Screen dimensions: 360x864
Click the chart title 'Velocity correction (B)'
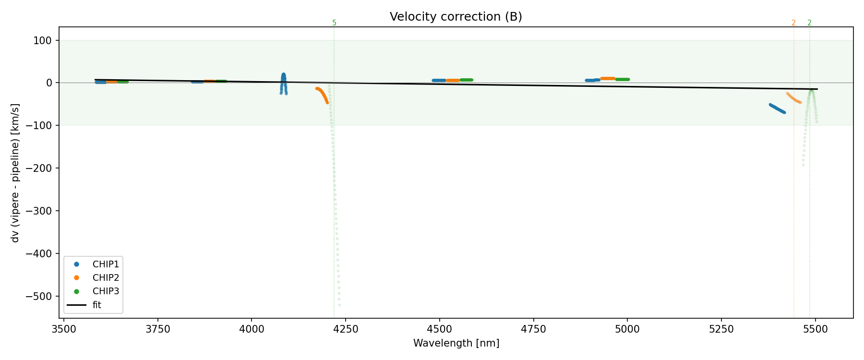pos(456,17)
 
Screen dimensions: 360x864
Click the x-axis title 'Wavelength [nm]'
pos(456,343)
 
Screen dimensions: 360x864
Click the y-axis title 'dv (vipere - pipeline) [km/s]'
pos(15,173)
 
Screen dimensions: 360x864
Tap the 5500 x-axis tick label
pos(816,329)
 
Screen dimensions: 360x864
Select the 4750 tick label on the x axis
pos(534,329)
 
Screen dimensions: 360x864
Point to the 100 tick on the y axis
pos(43,40)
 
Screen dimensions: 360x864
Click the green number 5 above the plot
pos(334,23)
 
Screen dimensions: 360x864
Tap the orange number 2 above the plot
pos(793,23)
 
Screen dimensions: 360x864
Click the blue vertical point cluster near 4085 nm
pos(283,83)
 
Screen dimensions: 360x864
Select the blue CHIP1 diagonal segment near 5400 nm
pos(777,108)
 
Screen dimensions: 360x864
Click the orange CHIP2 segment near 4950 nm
pos(608,78)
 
